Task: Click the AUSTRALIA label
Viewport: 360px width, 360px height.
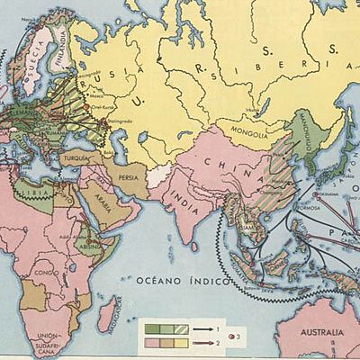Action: click(x=320, y=334)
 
